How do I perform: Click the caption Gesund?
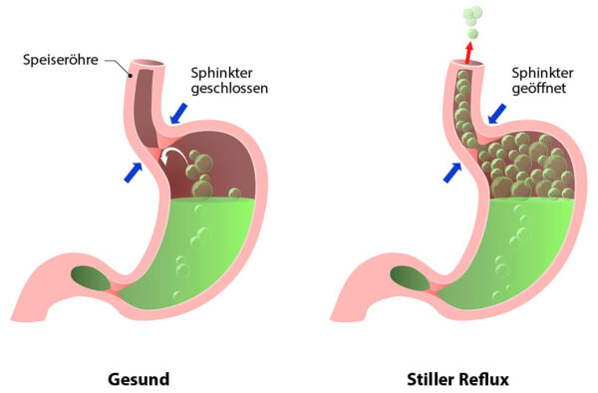pos(139,379)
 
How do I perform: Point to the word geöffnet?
pos(540,88)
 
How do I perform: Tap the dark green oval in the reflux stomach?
pos(407,277)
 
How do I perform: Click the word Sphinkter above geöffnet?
pos(542,72)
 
